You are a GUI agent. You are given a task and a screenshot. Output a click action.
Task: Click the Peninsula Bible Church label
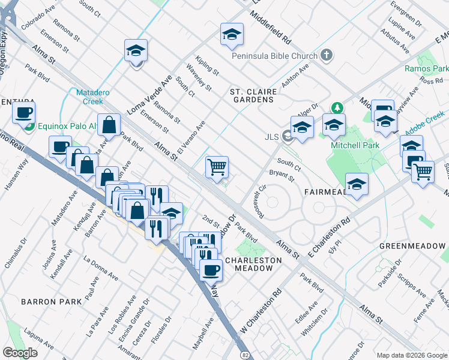pyautogui.click(x=275, y=56)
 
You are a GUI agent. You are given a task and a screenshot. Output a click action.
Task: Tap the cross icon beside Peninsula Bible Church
pyautogui.click(x=326, y=56)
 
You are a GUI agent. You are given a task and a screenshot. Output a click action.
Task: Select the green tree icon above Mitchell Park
pyautogui.click(x=337, y=108)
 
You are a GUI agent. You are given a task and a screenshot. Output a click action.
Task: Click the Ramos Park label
pyautogui.click(x=423, y=69)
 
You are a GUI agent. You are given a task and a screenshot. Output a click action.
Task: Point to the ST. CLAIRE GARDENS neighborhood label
pyautogui.click(x=254, y=96)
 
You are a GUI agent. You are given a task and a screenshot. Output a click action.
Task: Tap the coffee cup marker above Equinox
pyautogui.click(x=23, y=113)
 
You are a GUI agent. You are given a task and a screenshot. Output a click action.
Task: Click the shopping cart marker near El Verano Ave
pyautogui.click(x=217, y=167)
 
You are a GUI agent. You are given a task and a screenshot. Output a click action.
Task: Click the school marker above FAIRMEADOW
pyautogui.click(x=357, y=184)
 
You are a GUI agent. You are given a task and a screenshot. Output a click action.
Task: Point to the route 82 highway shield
pyautogui.click(x=246, y=355)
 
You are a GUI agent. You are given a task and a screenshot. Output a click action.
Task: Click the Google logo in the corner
pyautogui.click(x=20, y=353)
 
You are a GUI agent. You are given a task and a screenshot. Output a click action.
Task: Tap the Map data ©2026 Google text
pyautogui.click(x=411, y=355)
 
